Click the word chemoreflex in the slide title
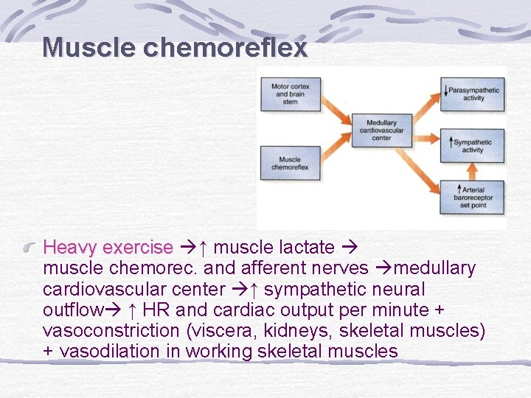225,48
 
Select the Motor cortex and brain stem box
291,93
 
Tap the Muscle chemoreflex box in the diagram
291,163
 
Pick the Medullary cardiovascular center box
381,130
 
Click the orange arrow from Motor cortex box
336,111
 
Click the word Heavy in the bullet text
71,247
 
